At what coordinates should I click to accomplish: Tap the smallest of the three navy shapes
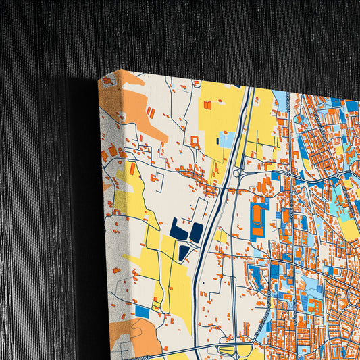click(x=184, y=253)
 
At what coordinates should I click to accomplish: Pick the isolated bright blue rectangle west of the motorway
click(x=142, y=311)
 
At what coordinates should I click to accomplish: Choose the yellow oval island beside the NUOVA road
click(x=228, y=351)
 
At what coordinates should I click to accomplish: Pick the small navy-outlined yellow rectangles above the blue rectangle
click(x=157, y=303)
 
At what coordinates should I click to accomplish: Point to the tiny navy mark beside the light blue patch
click(x=217, y=141)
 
